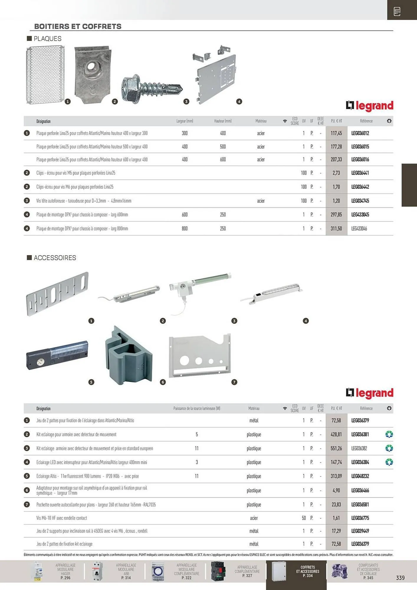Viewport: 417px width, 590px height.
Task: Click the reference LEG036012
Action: tap(360, 133)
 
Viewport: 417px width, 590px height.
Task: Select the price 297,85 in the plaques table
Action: tap(336, 215)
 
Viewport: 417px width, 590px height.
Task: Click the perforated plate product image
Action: tap(45, 75)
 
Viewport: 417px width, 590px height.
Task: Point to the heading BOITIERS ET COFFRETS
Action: tap(78, 27)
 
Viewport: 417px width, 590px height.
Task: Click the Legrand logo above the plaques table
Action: tap(370, 106)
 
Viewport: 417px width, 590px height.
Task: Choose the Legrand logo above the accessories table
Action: tap(370, 393)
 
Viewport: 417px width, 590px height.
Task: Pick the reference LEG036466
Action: tap(360, 491)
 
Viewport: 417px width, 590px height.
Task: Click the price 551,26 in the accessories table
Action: tap(336, 448)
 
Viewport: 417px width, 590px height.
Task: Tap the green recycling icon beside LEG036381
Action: tap(389, 435)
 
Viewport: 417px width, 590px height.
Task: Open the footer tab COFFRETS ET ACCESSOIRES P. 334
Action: tap(308, 571)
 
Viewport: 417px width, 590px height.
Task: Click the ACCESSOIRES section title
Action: tap(55, 258)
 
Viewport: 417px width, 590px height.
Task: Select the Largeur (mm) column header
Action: tap(185, 121)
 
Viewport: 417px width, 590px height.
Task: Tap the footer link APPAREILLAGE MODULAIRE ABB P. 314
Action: tap(126, 571)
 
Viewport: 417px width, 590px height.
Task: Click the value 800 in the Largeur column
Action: tap(185, 229)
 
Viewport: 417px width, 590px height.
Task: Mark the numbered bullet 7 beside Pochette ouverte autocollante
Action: tap(27, 504)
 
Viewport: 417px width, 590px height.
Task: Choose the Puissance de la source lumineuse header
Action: tap(197, 409)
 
